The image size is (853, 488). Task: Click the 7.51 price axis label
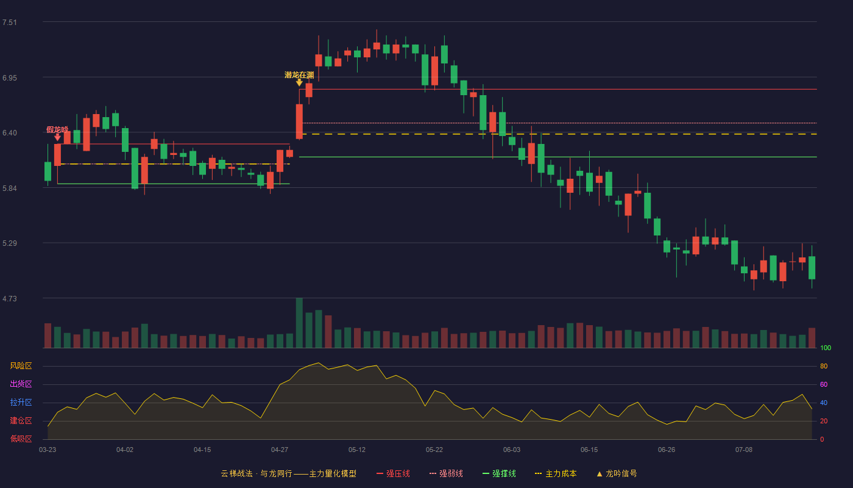pos(10,23)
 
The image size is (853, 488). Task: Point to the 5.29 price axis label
pos(10,243)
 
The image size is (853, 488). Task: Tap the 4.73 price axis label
pos(10,298)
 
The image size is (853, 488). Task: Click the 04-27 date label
pos(280,450)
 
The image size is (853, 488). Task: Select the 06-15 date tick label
pos(589,450)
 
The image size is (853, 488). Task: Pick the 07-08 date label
pos(744,450)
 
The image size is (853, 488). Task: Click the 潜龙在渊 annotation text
pos(299,74)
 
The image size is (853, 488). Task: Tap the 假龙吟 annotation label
pos(57,129)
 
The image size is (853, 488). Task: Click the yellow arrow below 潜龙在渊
pos(299,83)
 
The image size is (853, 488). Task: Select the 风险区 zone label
pos(21,366)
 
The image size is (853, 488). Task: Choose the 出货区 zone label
pos(21,384)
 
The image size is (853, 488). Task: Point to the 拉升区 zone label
pos(21,402)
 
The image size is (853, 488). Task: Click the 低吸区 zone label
pos(21,439)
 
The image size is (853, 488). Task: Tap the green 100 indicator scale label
pos(826,348)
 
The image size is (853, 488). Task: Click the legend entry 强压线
pos(393,473)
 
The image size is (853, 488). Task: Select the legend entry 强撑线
pos(499,473)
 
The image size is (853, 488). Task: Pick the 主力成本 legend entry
pos(556,473)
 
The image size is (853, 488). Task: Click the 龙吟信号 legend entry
pos(617,473)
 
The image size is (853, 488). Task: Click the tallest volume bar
pos(299,323)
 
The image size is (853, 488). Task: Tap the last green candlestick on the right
pos(812,268)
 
